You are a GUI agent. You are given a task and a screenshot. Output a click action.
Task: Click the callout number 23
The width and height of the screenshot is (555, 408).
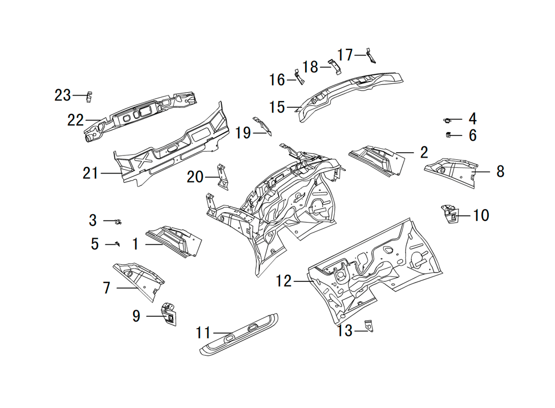63,95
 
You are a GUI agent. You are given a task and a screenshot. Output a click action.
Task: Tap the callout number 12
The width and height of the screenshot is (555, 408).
284,281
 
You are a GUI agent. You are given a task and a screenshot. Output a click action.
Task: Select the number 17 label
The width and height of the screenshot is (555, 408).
345,55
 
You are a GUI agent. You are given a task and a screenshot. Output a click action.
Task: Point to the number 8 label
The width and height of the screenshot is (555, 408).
500,172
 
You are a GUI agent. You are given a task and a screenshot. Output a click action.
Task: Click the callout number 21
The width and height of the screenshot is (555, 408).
90,173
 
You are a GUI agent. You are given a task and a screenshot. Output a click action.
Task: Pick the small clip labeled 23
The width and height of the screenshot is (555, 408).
89,97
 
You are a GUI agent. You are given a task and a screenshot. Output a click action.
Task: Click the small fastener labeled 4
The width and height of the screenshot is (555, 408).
447,120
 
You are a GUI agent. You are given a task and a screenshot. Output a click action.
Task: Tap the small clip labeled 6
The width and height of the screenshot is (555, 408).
448,134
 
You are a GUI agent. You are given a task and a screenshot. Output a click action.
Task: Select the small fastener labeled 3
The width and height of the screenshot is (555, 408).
118,221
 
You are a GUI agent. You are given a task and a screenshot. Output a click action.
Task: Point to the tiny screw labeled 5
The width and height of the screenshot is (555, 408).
118,244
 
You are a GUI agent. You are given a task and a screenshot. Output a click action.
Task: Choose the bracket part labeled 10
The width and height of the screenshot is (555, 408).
450,214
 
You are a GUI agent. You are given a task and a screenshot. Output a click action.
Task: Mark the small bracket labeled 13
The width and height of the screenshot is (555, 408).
370,326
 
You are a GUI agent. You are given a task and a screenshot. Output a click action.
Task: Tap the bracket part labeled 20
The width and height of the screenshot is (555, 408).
223,177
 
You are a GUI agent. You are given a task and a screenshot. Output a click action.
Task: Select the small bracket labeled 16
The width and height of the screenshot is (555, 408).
300,77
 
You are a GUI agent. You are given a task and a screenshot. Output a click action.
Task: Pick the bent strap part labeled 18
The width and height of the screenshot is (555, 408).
335,67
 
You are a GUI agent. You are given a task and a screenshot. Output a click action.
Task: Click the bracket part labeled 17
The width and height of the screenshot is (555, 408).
371,56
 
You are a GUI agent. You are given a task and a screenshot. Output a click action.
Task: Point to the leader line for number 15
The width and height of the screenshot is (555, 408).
294,107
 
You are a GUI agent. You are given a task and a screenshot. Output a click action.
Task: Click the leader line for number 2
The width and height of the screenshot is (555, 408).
405,153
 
